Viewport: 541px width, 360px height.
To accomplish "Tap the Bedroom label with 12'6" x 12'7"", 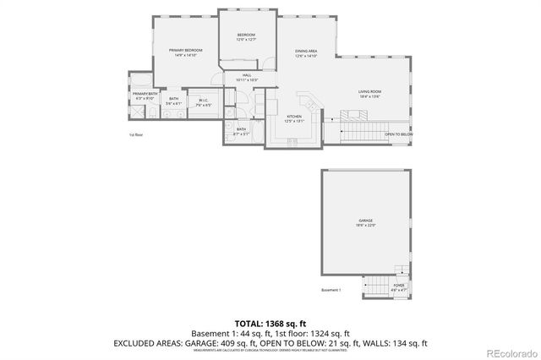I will (x=245, y=37).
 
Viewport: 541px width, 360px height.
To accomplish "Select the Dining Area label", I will (x=306, y=53).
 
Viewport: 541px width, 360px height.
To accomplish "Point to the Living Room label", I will (x=369, y=93).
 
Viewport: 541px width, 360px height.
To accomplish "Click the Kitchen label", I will (x=293, y=118).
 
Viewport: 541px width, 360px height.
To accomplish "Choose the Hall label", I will (x=247, y=77).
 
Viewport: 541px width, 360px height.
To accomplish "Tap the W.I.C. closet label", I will (x=204, y=103).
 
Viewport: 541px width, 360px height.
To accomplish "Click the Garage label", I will (x=364, y=222).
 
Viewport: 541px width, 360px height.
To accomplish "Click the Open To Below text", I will (x=398, y=134).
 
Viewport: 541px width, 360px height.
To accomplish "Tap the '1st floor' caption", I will (x=135, y=135).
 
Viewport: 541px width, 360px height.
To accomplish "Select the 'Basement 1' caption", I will (x=331, y=290).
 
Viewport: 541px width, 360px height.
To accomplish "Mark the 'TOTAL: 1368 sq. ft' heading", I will (x=270, y=324).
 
